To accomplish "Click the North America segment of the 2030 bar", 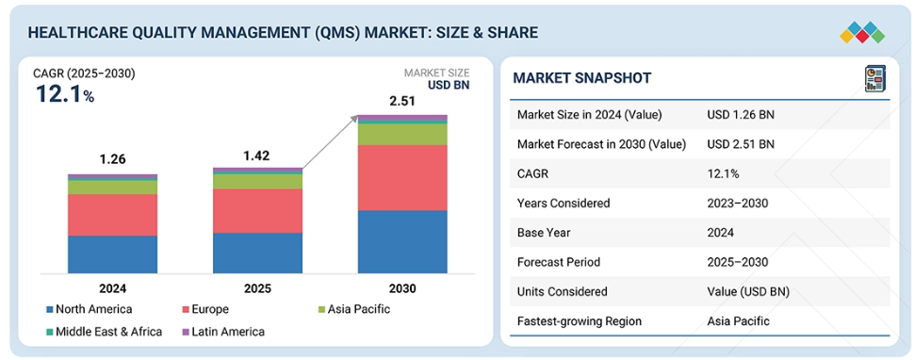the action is coord(402,241).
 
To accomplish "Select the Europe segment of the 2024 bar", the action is coord(113,215).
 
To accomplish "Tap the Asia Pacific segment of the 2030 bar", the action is coord(402,134).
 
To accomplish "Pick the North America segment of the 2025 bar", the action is coord(257,254).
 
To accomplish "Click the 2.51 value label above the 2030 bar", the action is coord(402,103).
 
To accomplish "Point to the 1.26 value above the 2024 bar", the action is coord(113,159).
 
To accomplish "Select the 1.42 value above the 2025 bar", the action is coord(257,155).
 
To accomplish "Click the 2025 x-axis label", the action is coord(257,288).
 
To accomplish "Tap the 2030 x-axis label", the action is coord(402,288).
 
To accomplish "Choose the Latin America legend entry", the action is coord(223,332).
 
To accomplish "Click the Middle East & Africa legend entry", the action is coord(105,332).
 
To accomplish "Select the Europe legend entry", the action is coord(205,309).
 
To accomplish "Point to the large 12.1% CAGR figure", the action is coord(65,94).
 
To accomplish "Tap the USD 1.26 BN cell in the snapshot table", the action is coord(741,115).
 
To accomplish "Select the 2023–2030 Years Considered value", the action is coord(737,203).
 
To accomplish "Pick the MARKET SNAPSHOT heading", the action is coord(581,77).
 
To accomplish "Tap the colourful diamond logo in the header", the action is coord(862,32).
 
